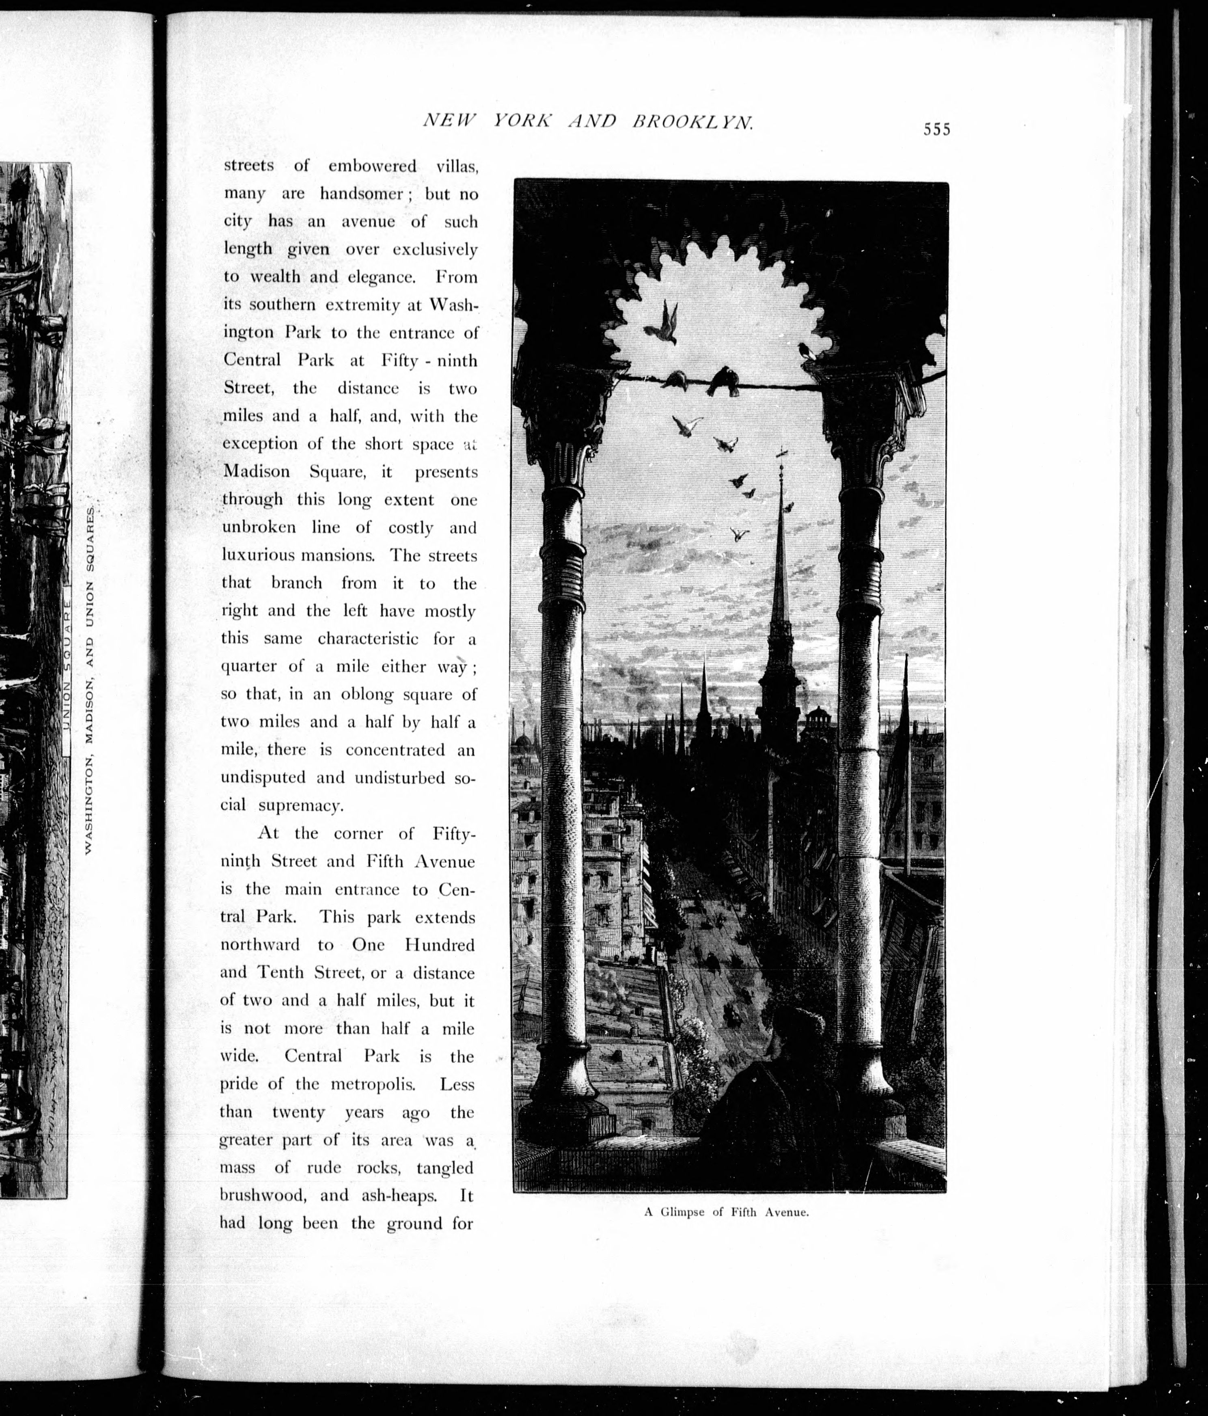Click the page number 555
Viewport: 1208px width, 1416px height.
[937, 129]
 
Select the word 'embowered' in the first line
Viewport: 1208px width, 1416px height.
[372, 166]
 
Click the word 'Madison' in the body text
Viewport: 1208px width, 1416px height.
[256, 472]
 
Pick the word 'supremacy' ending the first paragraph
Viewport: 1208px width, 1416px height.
[301, 806]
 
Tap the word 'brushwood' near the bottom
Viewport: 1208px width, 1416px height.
[260, 1195]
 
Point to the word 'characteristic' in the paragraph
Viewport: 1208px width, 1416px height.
[368, 639]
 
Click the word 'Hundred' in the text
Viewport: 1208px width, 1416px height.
[439, 945]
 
